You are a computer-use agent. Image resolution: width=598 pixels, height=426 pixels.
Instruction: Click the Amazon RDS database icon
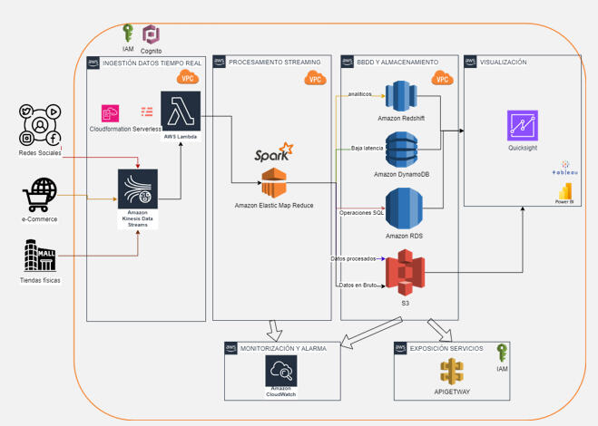click(x=404, y=209)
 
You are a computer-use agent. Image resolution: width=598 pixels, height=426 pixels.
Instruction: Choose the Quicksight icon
click(x=523, y=125)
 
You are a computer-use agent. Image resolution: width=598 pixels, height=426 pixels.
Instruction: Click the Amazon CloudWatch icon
click(x=282, y=372)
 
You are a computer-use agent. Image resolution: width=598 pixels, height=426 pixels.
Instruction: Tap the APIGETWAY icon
click(x=451, y=373)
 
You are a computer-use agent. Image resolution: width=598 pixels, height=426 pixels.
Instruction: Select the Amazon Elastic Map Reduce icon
click(x=273, y=182)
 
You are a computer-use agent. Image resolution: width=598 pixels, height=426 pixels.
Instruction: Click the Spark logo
click(x=273, y=150)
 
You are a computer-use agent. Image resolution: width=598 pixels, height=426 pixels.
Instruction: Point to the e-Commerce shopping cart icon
click(x=38, y=193)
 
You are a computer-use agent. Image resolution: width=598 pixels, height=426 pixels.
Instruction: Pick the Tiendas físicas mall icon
click(x=39, y=256)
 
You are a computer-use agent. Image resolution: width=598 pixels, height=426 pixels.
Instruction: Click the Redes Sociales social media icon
click(x=39, y=126)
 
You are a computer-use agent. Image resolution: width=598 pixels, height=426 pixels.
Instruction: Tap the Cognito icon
click(x=151, y=35)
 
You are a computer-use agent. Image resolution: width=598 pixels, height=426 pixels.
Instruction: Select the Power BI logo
click(x=565, y=191)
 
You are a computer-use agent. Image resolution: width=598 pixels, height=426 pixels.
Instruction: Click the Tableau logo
click(x=565, y=168)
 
